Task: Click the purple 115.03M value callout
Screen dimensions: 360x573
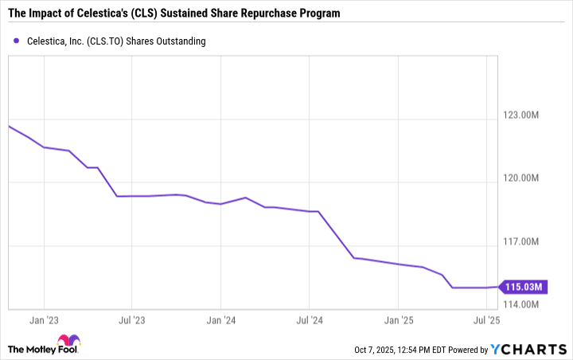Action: pos(524,287)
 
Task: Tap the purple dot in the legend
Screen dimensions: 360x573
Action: pos(16,41)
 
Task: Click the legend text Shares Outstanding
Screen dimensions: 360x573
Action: pos(167,41)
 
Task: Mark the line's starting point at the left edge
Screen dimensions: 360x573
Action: pos(9,126)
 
